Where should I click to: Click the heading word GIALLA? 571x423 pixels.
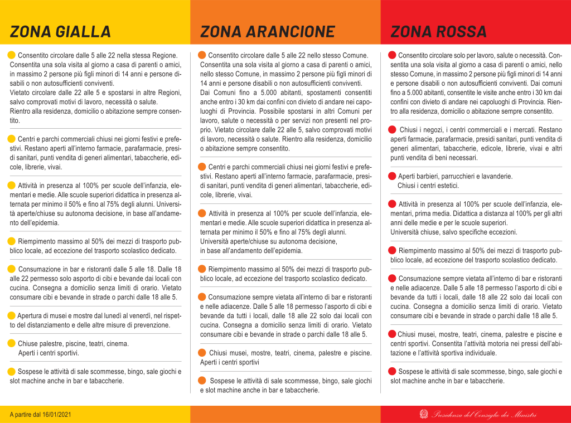point(84,31)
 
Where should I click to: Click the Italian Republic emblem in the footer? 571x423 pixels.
point(424,414)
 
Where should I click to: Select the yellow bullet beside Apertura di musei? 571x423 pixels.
point(11,315)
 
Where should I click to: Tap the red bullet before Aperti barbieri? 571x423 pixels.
point(393,176)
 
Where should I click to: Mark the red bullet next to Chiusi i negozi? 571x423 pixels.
point(393,129)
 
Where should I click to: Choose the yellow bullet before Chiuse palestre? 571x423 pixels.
point(11,343)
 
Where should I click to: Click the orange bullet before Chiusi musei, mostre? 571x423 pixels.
point(202,353)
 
